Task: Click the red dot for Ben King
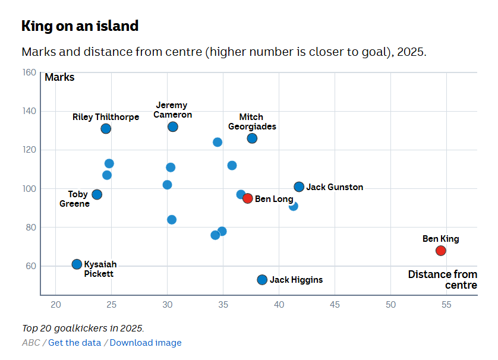(x=440, y=251)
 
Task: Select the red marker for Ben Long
(x=248, y=198)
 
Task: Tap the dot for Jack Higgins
(x=262, y=280)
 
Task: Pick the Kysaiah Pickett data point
(x=77, y=264)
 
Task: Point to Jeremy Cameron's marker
(x=173, y=127)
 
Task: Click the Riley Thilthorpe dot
(x=106, y=129)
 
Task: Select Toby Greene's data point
(x=97, y=194)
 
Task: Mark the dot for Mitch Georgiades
(x=252, y=138)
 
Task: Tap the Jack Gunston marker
(x=299, y=187)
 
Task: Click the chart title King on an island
(x=80, y=26)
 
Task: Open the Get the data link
(x=75, y=343)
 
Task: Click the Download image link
(x=146, y=343)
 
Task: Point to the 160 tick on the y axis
(x=29, y=72)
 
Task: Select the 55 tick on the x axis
(x=446, y=305)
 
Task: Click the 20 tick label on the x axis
(x=55, y=305)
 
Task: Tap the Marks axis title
(x=59, y=77)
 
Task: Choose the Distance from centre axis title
(x=443, y=280)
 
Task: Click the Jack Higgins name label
(x=296, y=280)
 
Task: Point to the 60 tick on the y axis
(x=30, y=266)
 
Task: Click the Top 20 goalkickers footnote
(x=83, y=328)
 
